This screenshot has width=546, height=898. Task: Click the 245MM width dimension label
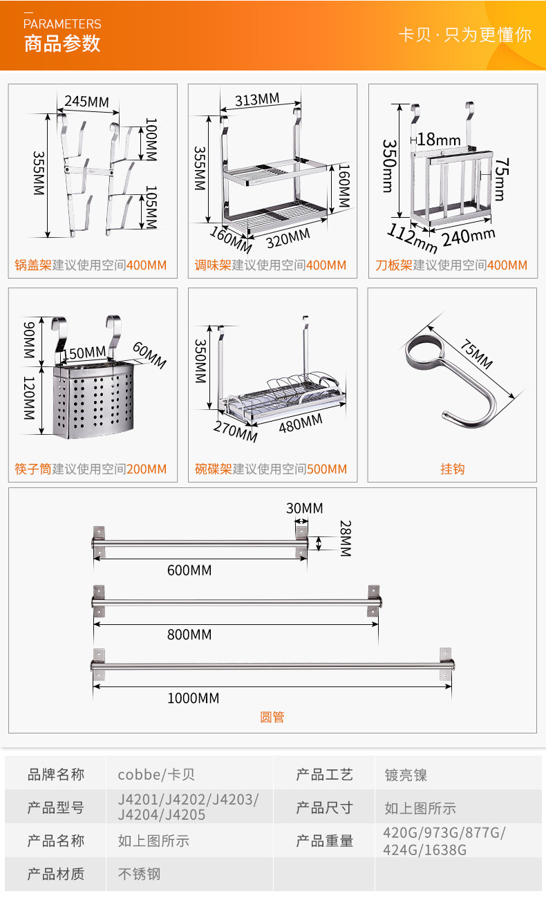pyautogui.click(x=86, y=102)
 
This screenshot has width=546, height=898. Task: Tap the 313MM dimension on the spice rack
pyautogui.click(x=257, y=100)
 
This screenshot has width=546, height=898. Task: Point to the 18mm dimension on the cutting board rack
pyautogui.click(x=439, y=140)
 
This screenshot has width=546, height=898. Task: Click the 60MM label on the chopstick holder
pyautogui.click(x=149, y=355)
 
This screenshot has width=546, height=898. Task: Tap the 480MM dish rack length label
pyautogui.click(x=301, y=424)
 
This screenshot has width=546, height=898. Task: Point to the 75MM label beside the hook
pyautogui.click(x=476, y=354)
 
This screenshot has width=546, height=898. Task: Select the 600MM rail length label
pyautogui.click(x=189, y=570)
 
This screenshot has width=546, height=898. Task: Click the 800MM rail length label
pyautogui.click(x=189, y=635)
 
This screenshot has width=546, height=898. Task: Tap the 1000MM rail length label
pyautogui.click(x=194, y=698)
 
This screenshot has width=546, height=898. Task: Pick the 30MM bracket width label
pyautogui.click(x=304, y=508)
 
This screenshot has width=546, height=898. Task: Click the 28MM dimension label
pyautogui.click(x=346, y=539)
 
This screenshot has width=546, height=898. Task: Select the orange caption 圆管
pyautogui.click(x=272, y=717)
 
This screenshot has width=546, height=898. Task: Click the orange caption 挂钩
pyautogui.click(x=452, y=469)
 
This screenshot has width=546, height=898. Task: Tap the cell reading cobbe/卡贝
pyautogui.click(x=156, y=774)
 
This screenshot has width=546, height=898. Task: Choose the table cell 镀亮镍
pyautogui.click(x=406, y=775)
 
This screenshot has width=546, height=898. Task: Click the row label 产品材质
pyautogui.click(x=56, y=874)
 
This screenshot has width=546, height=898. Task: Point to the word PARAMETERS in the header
pyautogui.click(x=62, y=24)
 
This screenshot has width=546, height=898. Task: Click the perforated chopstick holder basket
pyautogui.click(x=93, y=400)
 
